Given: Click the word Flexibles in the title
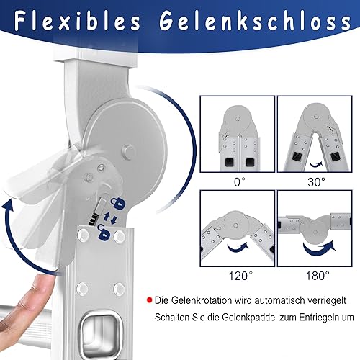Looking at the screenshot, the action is tap(77, 21).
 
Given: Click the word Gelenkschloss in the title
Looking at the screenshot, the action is tap(255, 21).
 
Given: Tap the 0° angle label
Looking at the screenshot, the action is tap(239, 182).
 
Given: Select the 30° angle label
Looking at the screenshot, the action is tap(316, 182).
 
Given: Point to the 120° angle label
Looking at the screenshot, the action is tap(240, 276).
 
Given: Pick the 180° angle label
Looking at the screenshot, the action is tap(318, 276).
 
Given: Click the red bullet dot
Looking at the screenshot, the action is tap(150, 300).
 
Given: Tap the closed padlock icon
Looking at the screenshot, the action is tap(118, 203).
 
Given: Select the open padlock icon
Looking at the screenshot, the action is tap(104, 233).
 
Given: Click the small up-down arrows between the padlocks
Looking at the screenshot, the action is tap(110, 218).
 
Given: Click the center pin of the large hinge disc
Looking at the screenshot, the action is tap(128, 151).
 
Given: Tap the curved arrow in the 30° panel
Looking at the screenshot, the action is tap(315, 164).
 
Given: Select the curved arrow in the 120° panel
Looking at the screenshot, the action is tap(238, 247).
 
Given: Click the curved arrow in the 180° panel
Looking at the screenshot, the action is tap(318, 248).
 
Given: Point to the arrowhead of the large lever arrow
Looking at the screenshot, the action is tap(8, 205).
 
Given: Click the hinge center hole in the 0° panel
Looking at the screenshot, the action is tap(238, 119).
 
